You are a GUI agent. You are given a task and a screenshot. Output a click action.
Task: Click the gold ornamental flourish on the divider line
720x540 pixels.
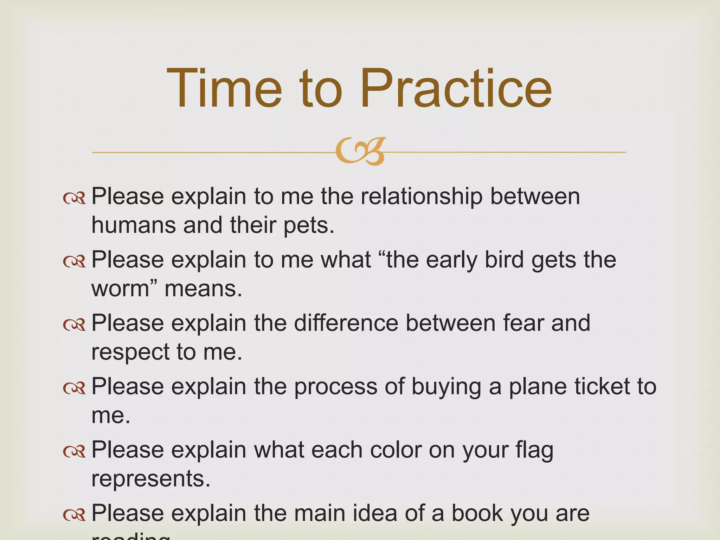(x=360, y=152)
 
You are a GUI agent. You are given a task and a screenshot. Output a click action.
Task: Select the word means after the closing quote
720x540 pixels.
(x=203, y=289)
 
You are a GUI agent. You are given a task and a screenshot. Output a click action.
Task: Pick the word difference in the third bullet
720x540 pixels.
(x=346, y=323)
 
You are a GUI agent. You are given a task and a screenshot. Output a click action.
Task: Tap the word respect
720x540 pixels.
(x=130, y=352)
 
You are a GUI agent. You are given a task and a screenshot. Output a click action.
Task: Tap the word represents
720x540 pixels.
(x=150, y=479)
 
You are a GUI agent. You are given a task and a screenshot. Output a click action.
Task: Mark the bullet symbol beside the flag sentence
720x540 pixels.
(x=74, y=451)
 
